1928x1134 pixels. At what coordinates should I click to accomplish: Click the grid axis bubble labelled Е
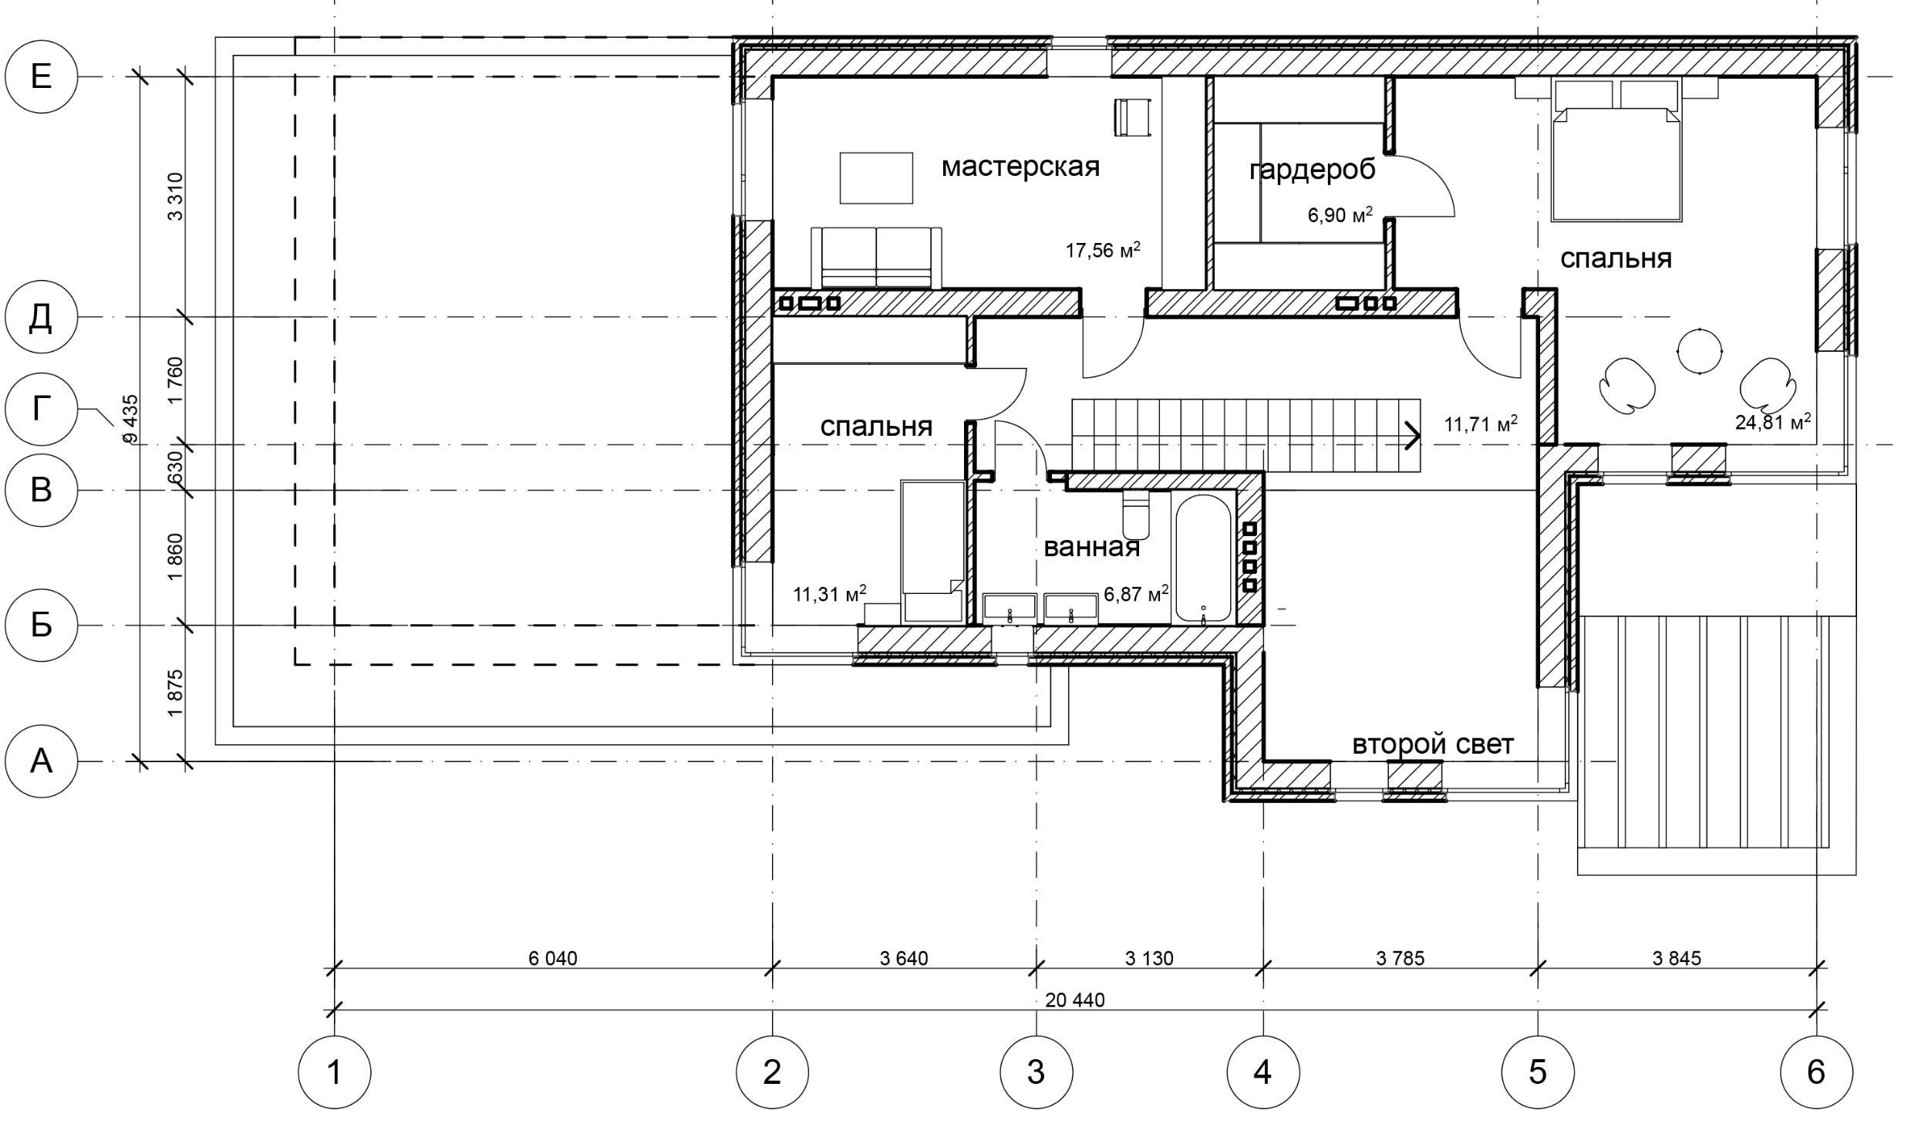[41, 76]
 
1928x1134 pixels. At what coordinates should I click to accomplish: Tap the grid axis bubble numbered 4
[1262, 1072]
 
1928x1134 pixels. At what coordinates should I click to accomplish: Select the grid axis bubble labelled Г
[41, 408]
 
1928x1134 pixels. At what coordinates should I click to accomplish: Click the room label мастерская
[1020, 167]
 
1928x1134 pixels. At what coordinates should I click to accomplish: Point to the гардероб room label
[1312, 170]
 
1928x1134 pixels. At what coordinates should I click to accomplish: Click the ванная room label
[1091, 548]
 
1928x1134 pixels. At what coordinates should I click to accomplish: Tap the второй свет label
[1433, 744]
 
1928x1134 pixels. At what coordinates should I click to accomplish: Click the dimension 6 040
[552, 958]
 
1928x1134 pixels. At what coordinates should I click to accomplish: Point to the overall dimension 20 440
[1074, 1001]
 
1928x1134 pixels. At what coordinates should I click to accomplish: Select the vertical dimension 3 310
[176, 197]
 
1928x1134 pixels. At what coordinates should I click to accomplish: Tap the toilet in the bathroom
[1136, 513]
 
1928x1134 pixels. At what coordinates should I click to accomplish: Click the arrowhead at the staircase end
[1412, 435]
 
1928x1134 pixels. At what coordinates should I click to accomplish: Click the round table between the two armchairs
[1700, 351]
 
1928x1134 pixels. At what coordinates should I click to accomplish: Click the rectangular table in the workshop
[876, 178]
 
